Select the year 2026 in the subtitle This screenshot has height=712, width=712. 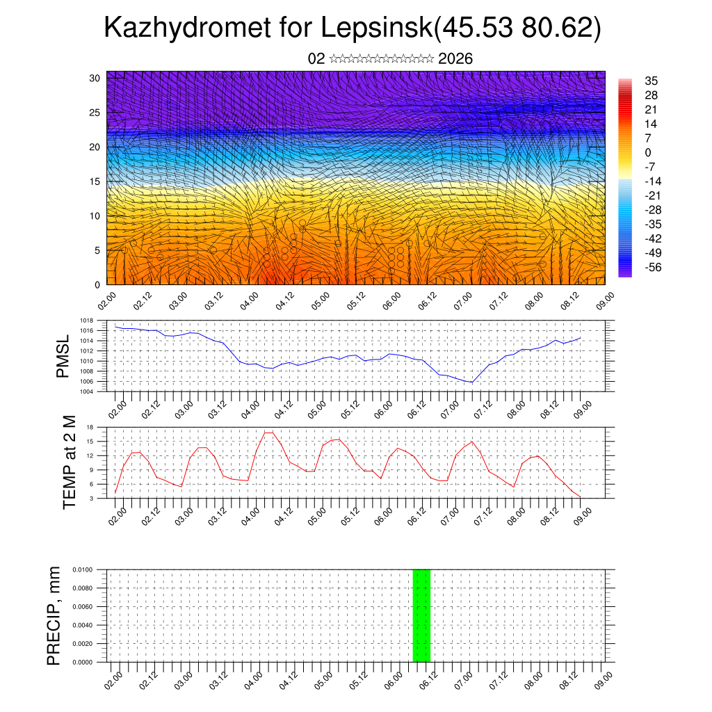(455, 59)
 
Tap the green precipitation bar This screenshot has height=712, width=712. (421, 615)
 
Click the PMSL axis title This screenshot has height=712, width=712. (63, 355)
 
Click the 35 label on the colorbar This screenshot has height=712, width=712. (652, 81)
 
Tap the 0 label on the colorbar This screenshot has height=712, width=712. (648, 152)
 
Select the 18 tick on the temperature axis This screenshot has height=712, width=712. (90, 427)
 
